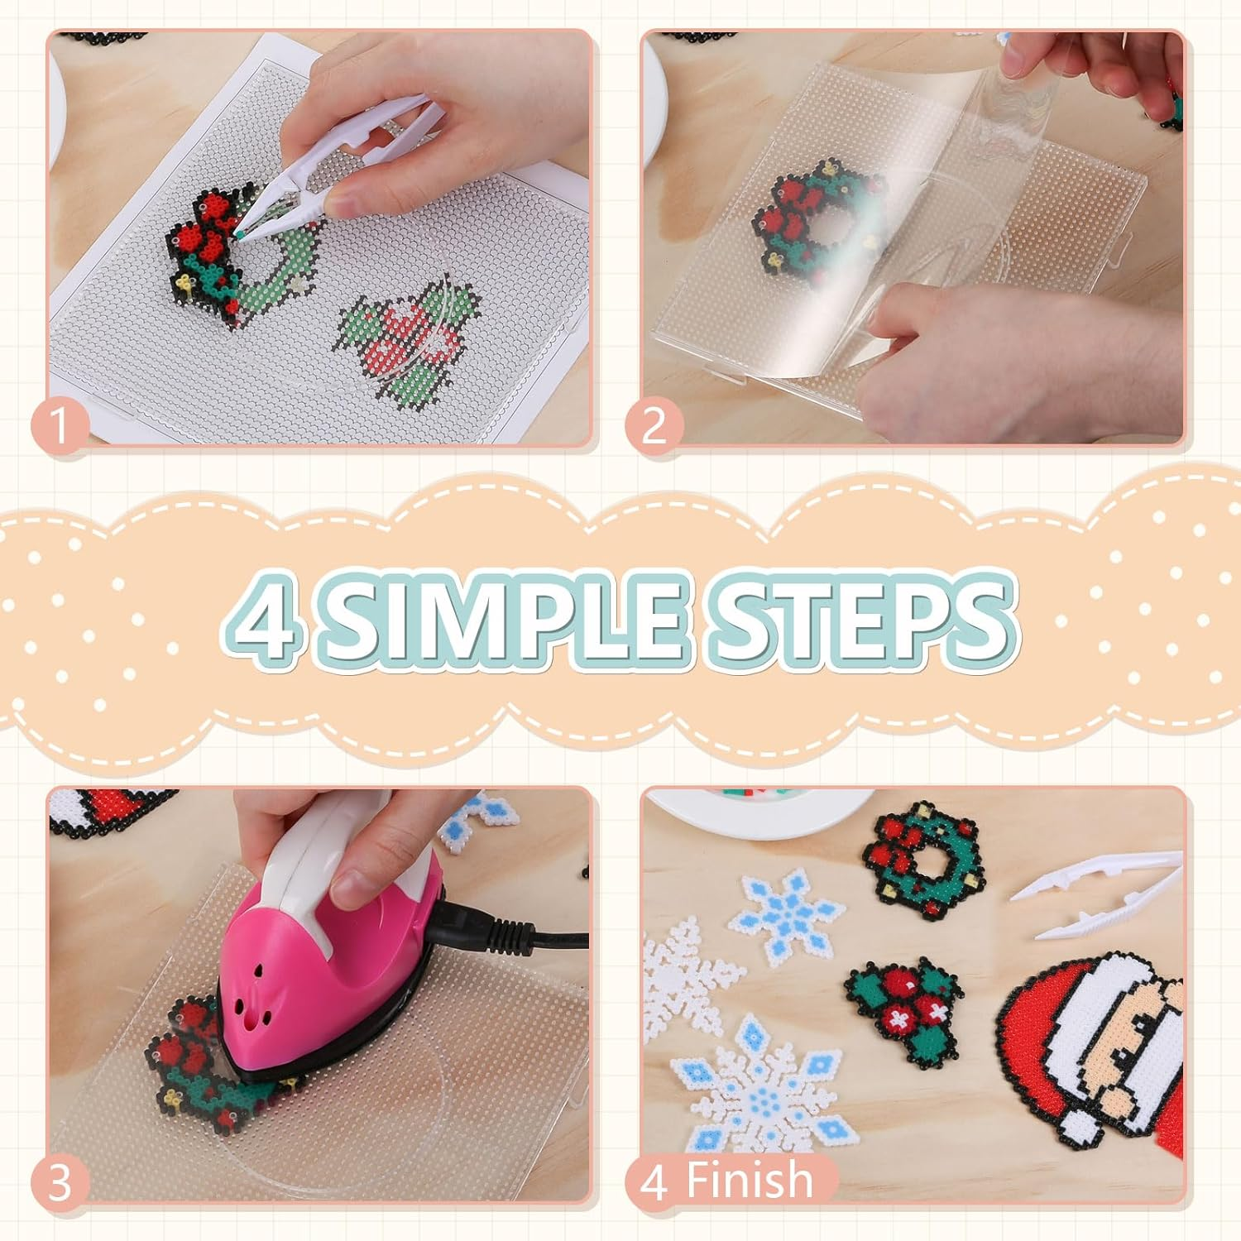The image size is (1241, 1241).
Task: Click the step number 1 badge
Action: [x=60, y=427]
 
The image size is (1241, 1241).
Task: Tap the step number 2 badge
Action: [x=654, y=427]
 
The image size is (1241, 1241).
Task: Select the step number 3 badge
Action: [x=60, y=1183]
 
